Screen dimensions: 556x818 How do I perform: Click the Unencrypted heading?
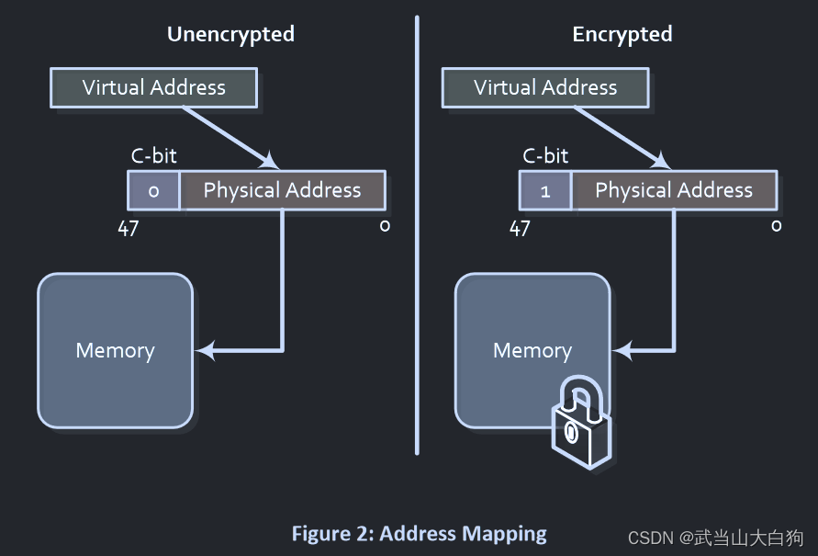(x=230, y=35)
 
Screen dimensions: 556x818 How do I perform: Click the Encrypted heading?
(x=622, y=35)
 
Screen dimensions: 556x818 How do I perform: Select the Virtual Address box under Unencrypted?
(x=153, y=88)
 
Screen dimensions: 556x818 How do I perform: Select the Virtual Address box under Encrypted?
(x=545, y=88)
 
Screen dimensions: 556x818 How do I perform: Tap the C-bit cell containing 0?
(x=153, y=191)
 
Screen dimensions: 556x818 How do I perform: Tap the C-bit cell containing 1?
(x=545, y=191)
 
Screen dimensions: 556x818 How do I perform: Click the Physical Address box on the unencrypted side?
(x=282, y=191)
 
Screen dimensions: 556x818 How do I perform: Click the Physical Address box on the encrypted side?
(x=674, y=191)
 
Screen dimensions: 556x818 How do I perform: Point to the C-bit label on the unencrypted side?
(x=153, y=156)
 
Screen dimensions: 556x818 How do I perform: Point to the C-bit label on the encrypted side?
(x=545, y=156)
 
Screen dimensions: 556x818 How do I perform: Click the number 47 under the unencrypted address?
(x=128, y=229)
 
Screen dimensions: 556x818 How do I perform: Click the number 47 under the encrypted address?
(x=520, y=229)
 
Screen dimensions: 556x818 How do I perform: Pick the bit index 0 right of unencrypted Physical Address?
(x=385, y=226)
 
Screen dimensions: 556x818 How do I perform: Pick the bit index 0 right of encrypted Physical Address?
(x=777, y=226)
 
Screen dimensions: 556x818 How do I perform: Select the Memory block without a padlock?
(x=116, y=350)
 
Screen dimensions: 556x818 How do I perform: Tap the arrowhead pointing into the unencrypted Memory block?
(x=205, y=350)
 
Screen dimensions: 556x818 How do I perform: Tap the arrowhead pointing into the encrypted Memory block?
(x=622, y=350)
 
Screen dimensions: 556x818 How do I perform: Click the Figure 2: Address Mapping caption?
(x=419, y=534)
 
